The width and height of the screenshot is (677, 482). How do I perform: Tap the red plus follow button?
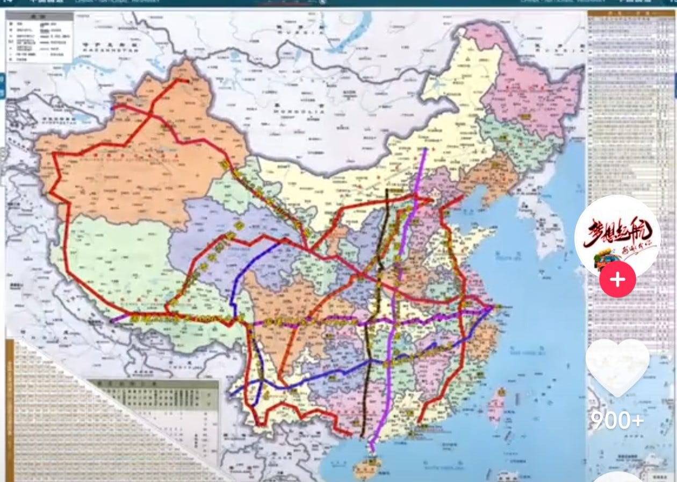point(617,280)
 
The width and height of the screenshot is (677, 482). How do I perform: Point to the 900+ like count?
point(617,420)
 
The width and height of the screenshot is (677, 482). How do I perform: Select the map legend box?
point(40,38)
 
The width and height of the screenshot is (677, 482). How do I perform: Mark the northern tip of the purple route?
point(426,149)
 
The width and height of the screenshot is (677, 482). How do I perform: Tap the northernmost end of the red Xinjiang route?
point(186,81)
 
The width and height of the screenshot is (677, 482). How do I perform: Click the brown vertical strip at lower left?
point(10,409)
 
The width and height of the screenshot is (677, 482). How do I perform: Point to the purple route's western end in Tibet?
point(112,322)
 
